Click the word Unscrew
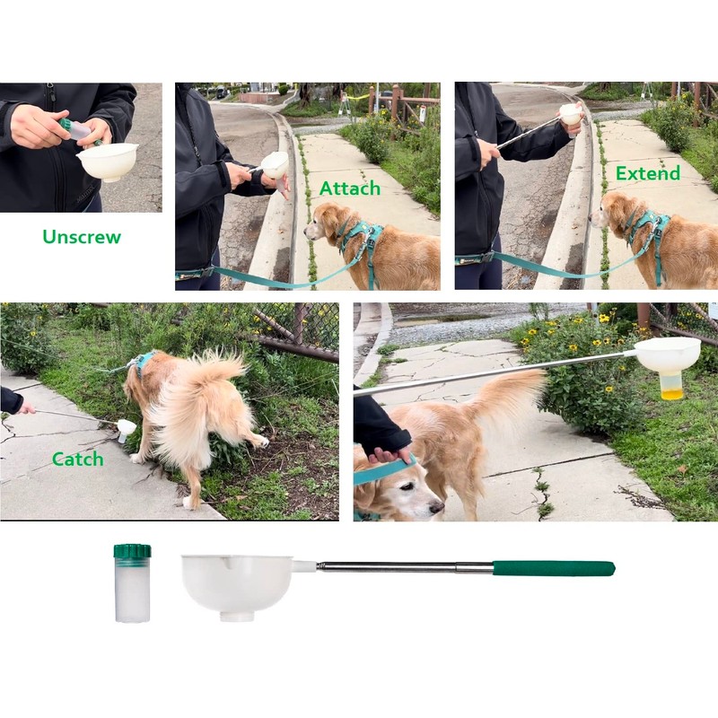tap(81, 237)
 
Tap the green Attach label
tap(350, 188)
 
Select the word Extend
tap(647, 173)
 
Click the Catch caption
tap(77, 459)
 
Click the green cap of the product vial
tap(132, 551)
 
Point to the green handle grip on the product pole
tap(553, 568)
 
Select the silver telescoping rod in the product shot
tap(404, 567)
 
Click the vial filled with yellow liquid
tap(671, 385)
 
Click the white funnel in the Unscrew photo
tap(107, 161)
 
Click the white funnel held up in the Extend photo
tap(570, 114)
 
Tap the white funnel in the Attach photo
tap(275, 164)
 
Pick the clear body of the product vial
tap(132, 592)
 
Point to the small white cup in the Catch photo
tap(127, 429)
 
